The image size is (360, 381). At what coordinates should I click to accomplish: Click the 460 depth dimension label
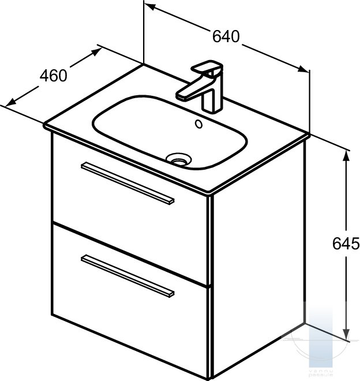[54, 75]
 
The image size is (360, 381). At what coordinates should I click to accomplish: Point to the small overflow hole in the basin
[200, 123]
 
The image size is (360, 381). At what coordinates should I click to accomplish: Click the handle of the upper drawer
[127, 182]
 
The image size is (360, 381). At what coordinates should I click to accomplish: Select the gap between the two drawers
[130, 252]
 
